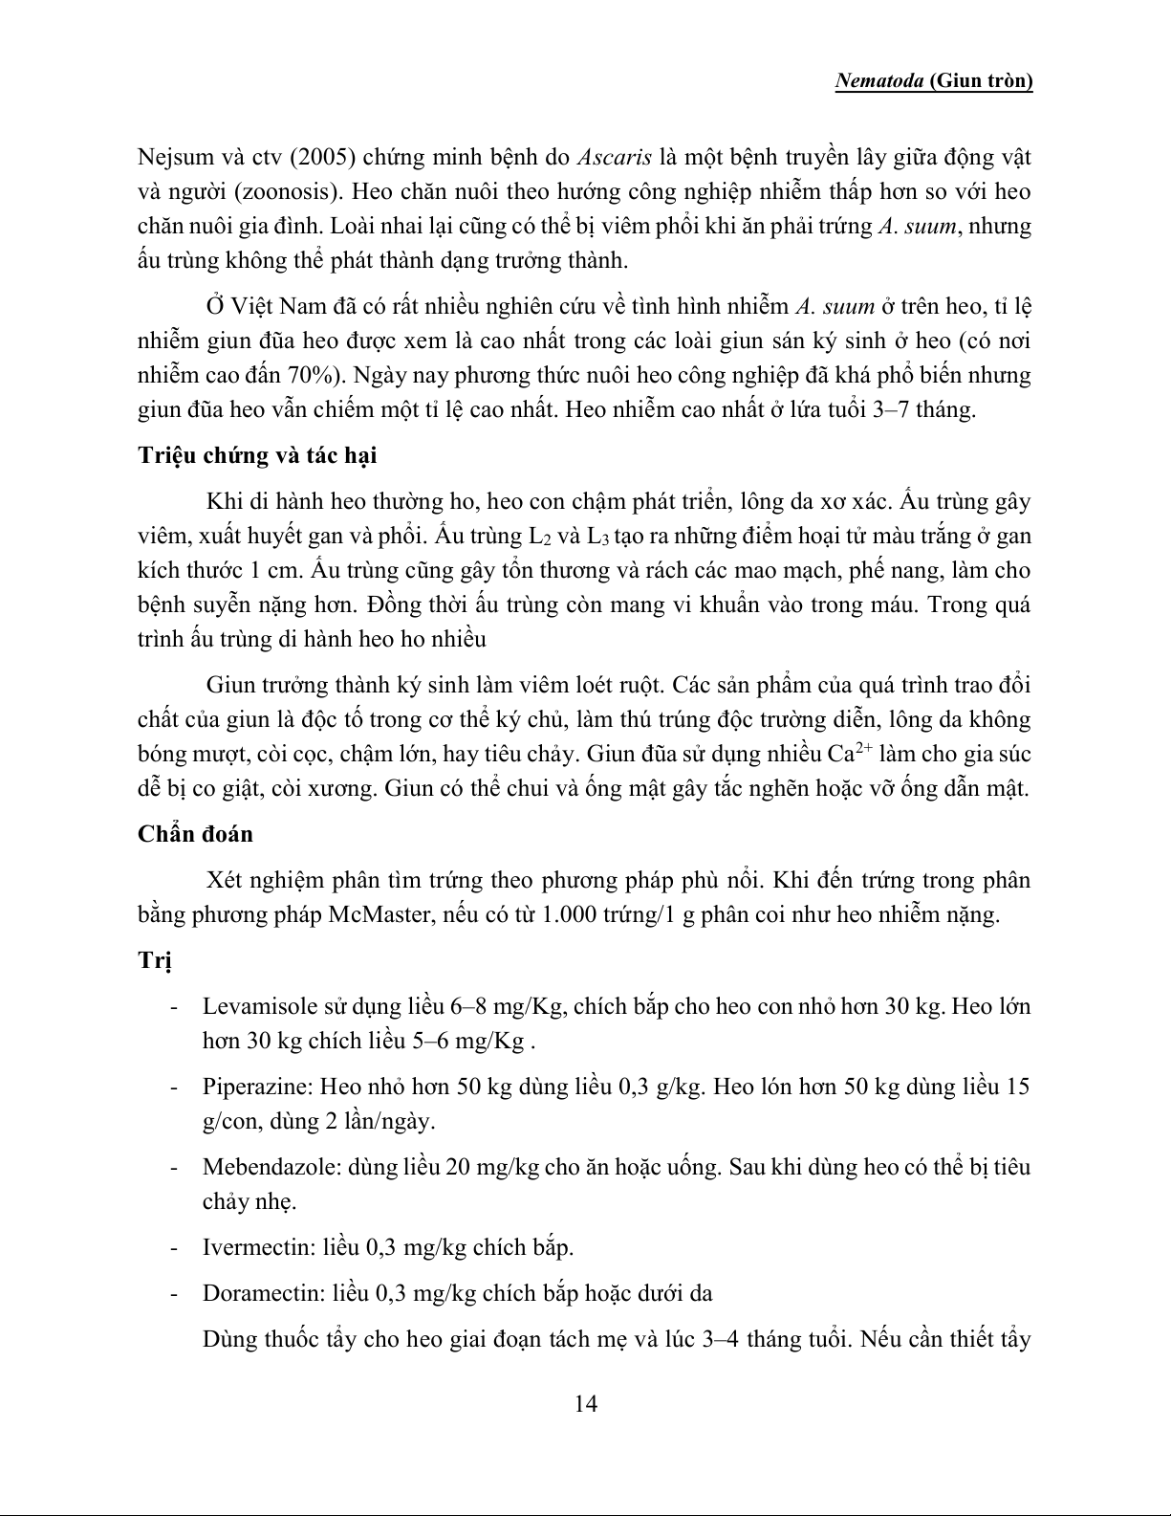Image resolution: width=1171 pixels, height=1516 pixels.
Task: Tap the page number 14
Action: [x=586, y=1403]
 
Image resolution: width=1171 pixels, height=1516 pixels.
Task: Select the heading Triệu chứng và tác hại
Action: [x=257, y=455]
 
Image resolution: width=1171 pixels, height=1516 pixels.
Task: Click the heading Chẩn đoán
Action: [x=195, y=833]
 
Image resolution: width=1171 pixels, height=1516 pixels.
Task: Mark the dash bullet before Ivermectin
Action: [x=173, y=1247]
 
